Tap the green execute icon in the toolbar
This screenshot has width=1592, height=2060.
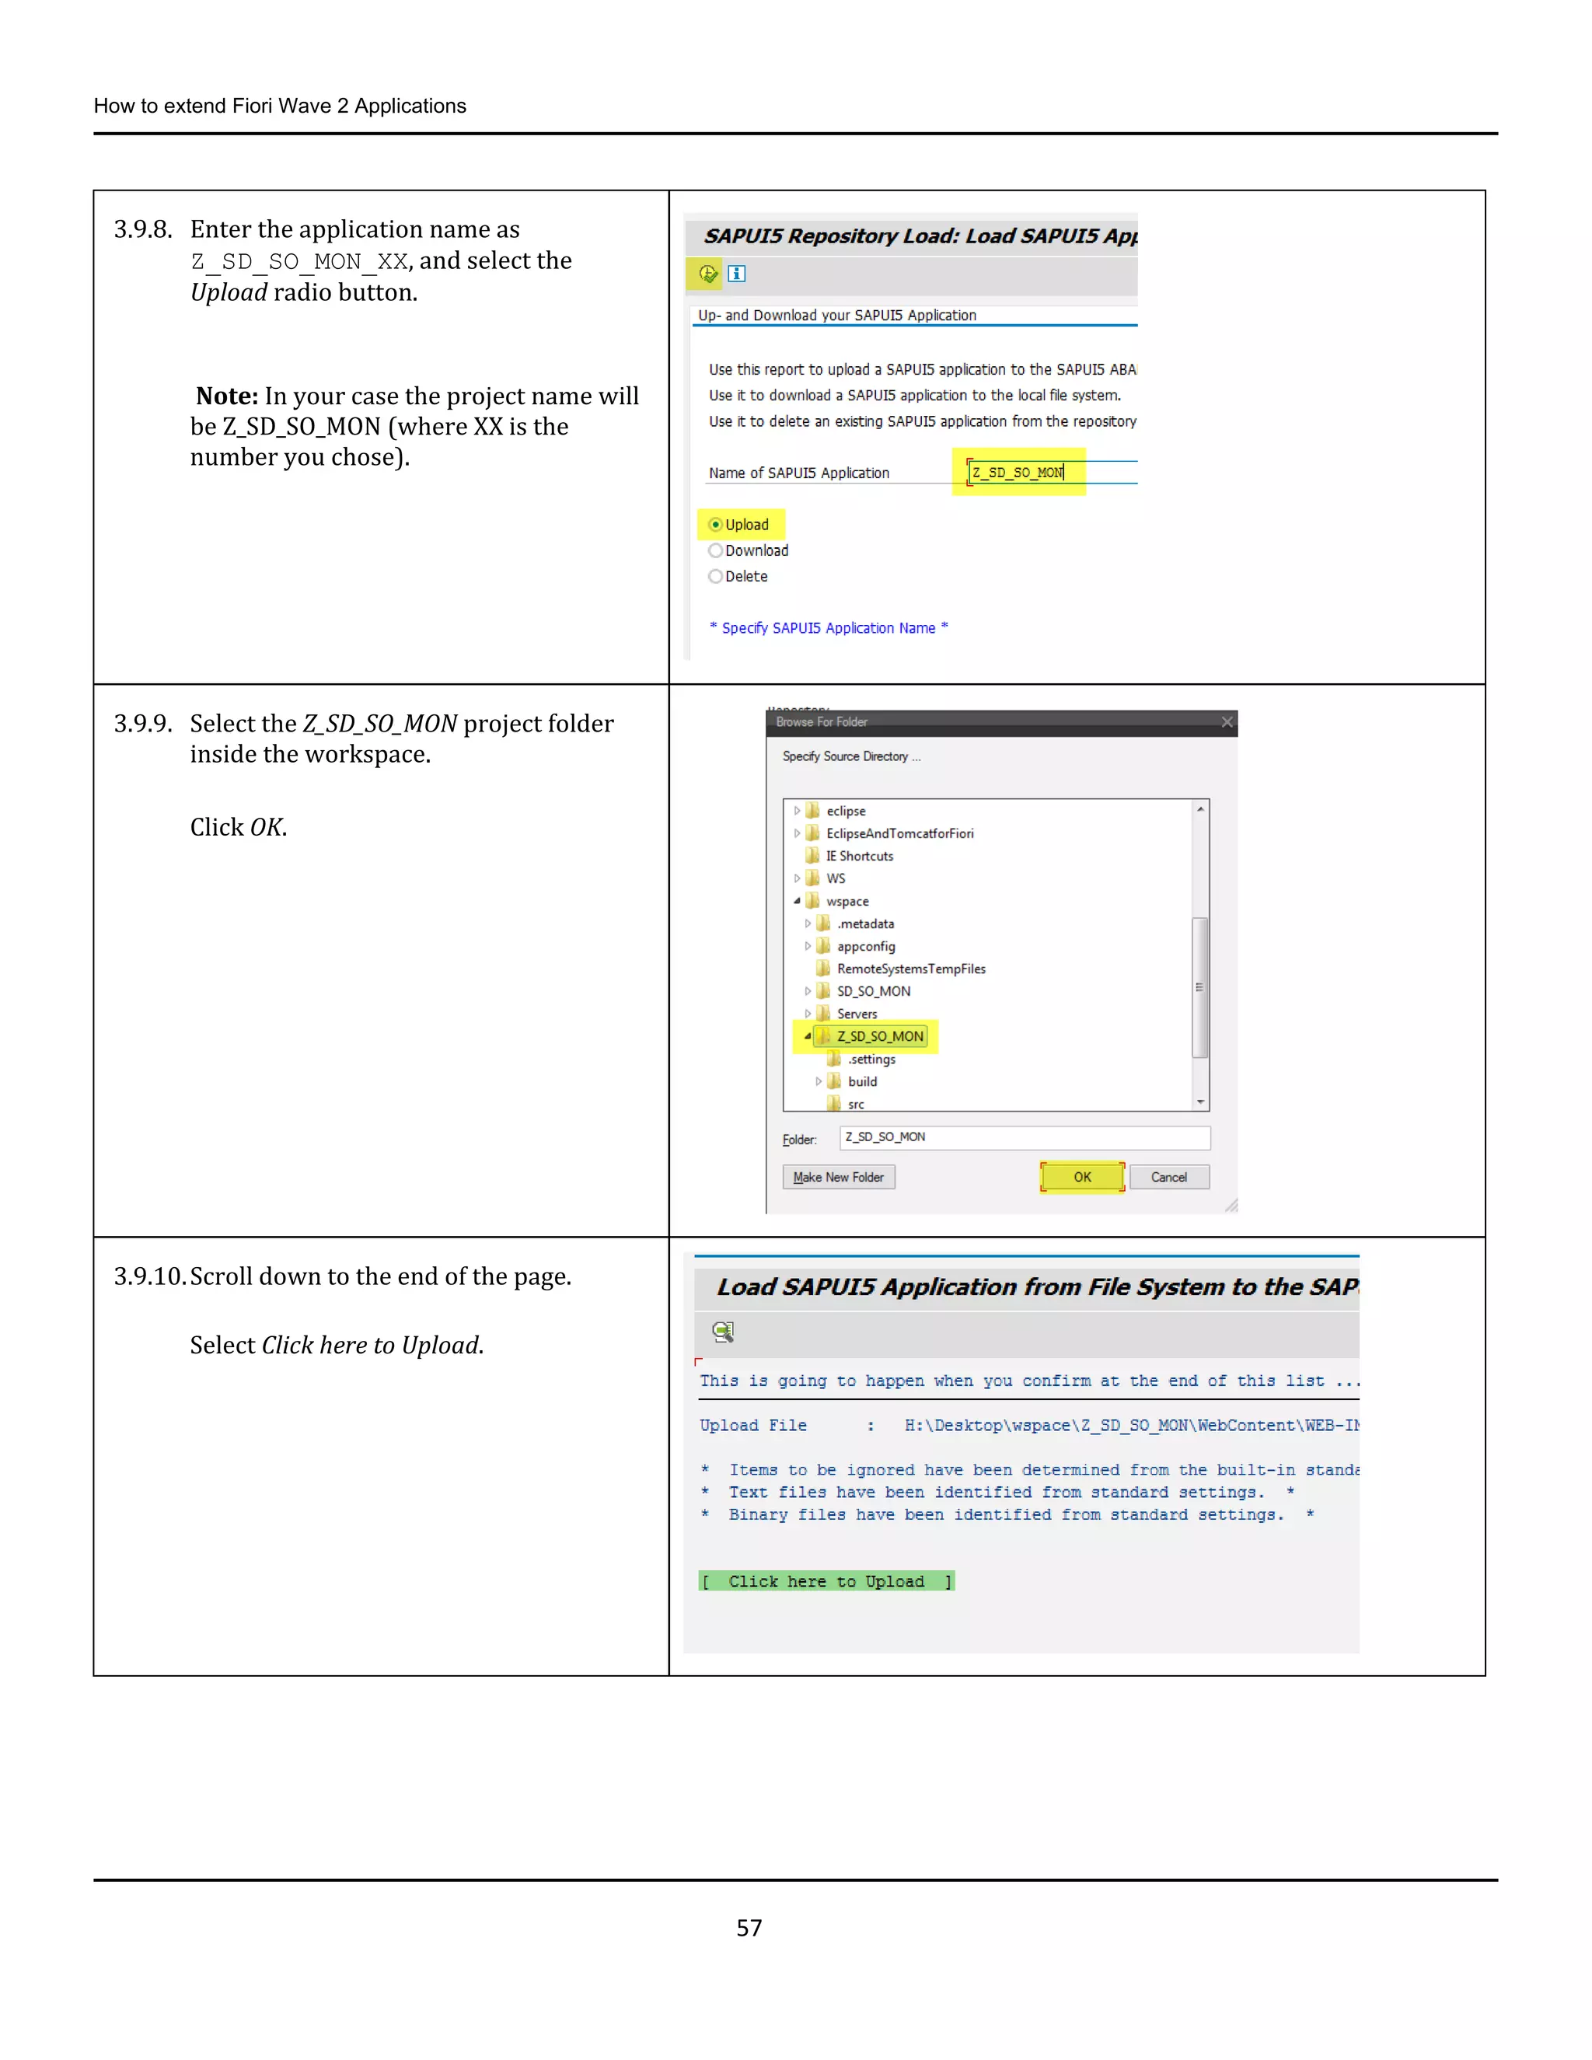(707, 274)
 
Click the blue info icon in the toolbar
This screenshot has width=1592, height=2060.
(738, 274)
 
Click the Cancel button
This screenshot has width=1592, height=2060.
(1168, 1177)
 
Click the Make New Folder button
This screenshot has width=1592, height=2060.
(839, 1177)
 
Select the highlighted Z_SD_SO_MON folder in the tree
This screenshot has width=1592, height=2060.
(879, 1036)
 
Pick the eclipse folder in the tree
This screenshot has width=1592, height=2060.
(845, 811)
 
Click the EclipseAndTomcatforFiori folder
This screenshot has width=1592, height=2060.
(899, 834)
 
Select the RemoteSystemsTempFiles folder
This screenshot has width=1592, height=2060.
(910, 969)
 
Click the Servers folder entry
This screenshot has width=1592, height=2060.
(857, 1014)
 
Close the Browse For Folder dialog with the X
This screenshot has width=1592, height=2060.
(1227, 722)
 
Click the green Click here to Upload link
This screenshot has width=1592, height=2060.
(826, 1582)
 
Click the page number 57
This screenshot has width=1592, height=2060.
(749, 1928)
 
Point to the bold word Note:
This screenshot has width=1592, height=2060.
(227, 396)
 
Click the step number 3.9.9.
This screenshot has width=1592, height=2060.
(143, 724)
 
